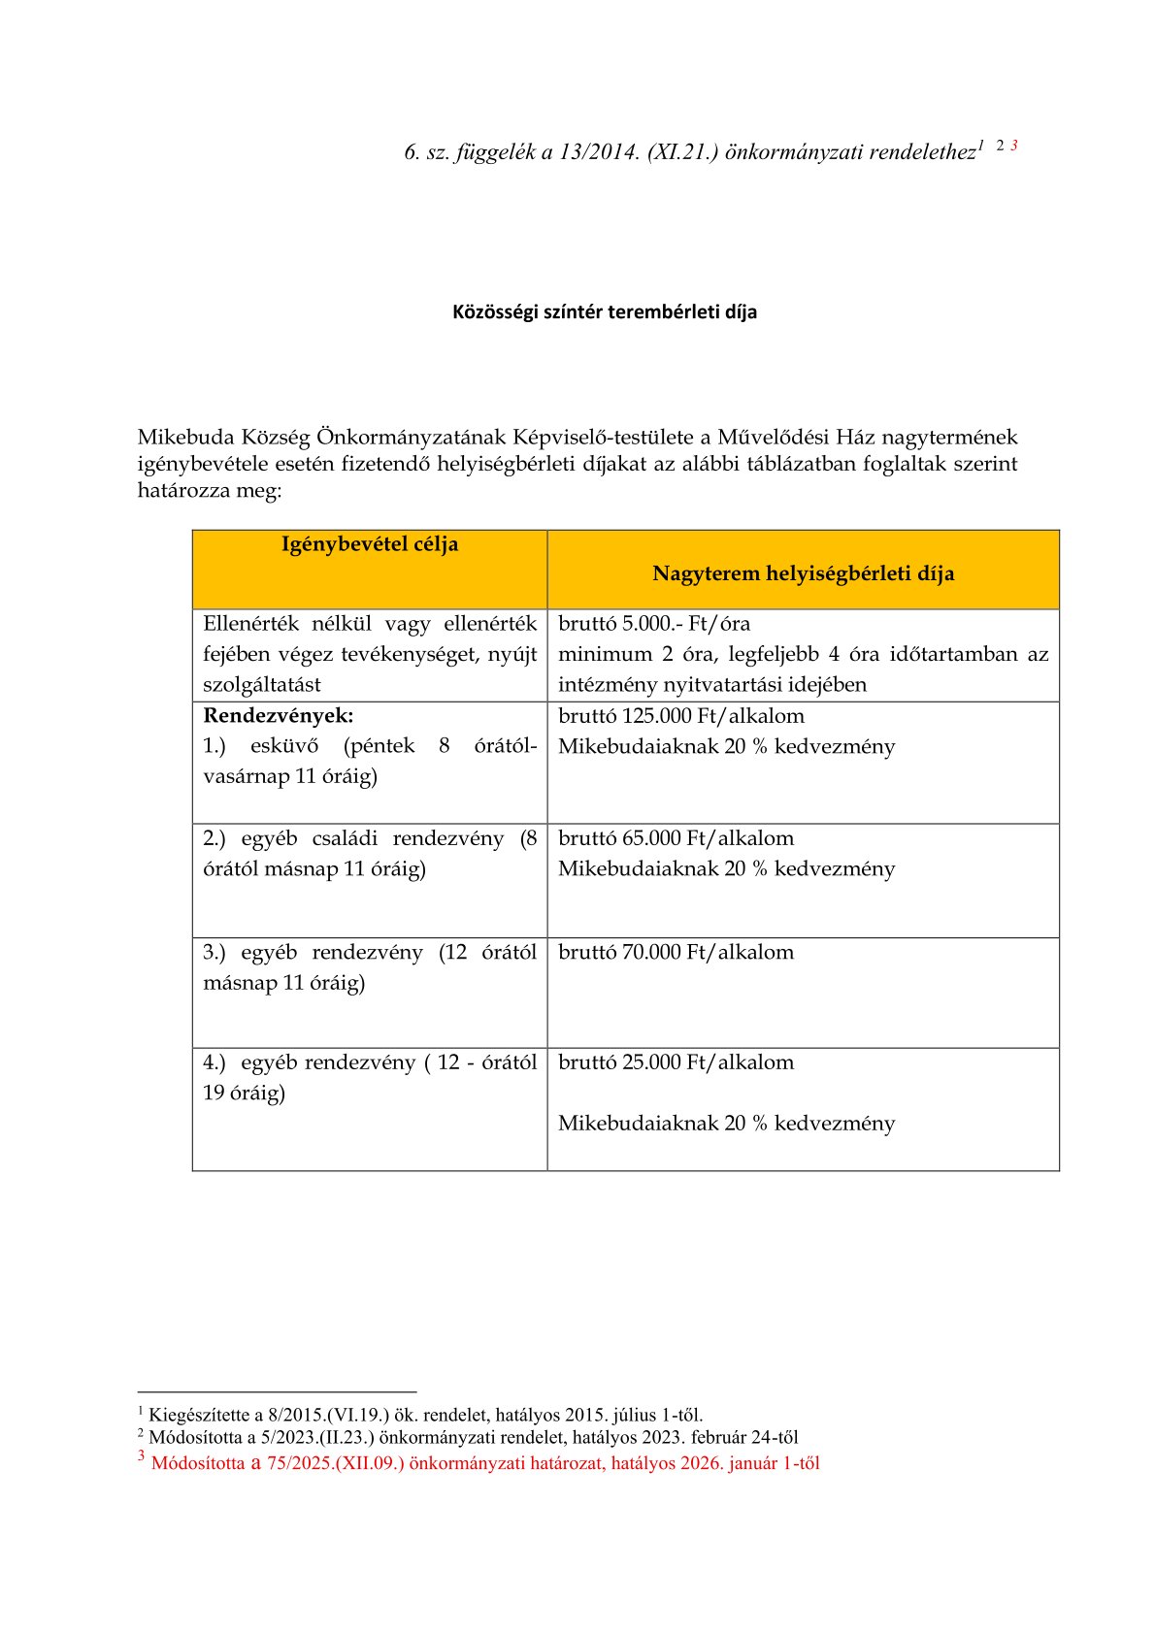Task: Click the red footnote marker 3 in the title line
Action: [x=1013, y=146]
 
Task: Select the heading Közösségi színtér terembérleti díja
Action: [x=604, y=312]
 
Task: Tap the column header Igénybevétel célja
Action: [x=370, y=544]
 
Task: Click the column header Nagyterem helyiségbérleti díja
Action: [x=803, y=573]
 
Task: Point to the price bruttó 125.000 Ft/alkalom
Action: [x=680, y=716]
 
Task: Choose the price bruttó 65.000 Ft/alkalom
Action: [x=676, y=838]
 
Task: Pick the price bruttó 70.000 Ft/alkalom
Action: [x=676, y=952]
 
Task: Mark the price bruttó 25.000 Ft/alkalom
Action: [x=676, y=1062]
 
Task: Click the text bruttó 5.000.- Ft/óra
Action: [x=653, y=624]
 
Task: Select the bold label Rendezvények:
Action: [x=278, y=716]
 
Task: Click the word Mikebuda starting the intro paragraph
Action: [x=184, y=438]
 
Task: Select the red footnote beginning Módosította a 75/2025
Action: [x=485, y=1463]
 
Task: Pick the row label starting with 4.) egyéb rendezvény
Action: [x=369, y=1062]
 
